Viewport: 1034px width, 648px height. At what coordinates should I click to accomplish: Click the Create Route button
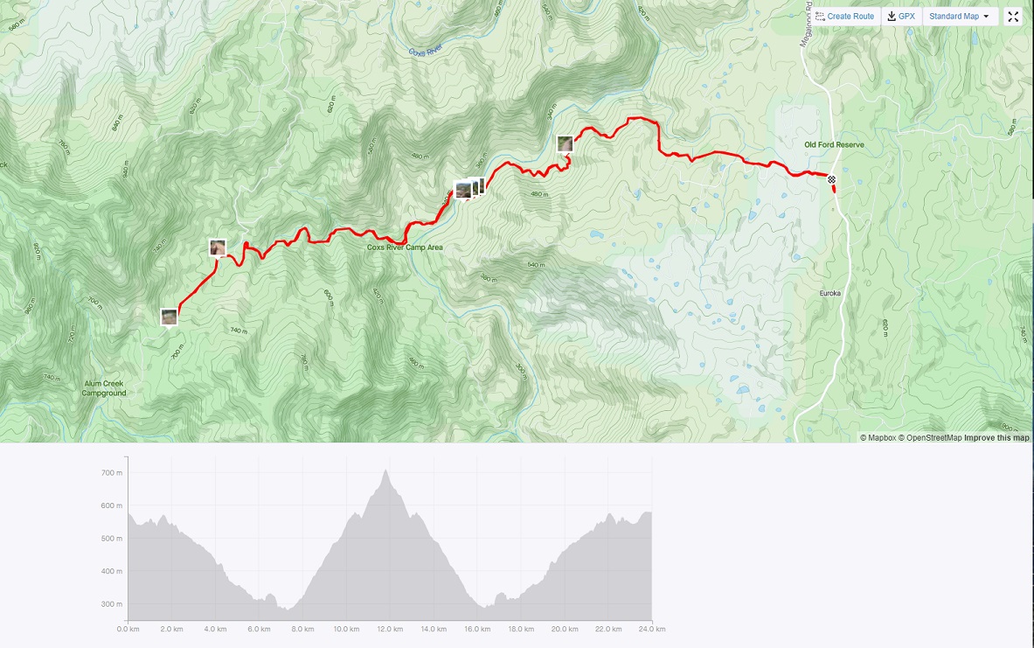click(x=844, y=17)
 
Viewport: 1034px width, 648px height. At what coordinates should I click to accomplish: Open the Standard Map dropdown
click(x=960, y=17)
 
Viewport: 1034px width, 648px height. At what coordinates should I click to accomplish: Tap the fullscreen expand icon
click(x=1013, y=17)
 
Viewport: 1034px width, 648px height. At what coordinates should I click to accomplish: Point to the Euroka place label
click(x=829, y=294)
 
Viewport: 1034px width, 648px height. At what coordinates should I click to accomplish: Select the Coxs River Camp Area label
click(x=405, y=247)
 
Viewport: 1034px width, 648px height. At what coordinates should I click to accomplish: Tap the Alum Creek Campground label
click(x=105, y=388)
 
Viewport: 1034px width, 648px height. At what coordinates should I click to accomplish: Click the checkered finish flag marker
click(x=833, y=180)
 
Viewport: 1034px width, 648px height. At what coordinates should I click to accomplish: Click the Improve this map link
click(x=996, y=438)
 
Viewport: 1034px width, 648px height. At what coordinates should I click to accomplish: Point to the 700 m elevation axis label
click(x=111, y=473)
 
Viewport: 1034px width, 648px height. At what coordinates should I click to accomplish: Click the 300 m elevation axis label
click(x=111, y=604)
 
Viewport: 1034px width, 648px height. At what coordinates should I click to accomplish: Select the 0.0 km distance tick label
click(x=128, y=629)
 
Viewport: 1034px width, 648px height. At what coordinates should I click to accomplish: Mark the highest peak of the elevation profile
click(x=385, y=470)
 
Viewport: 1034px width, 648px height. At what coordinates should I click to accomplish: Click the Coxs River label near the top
click(x=427, y=51)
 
